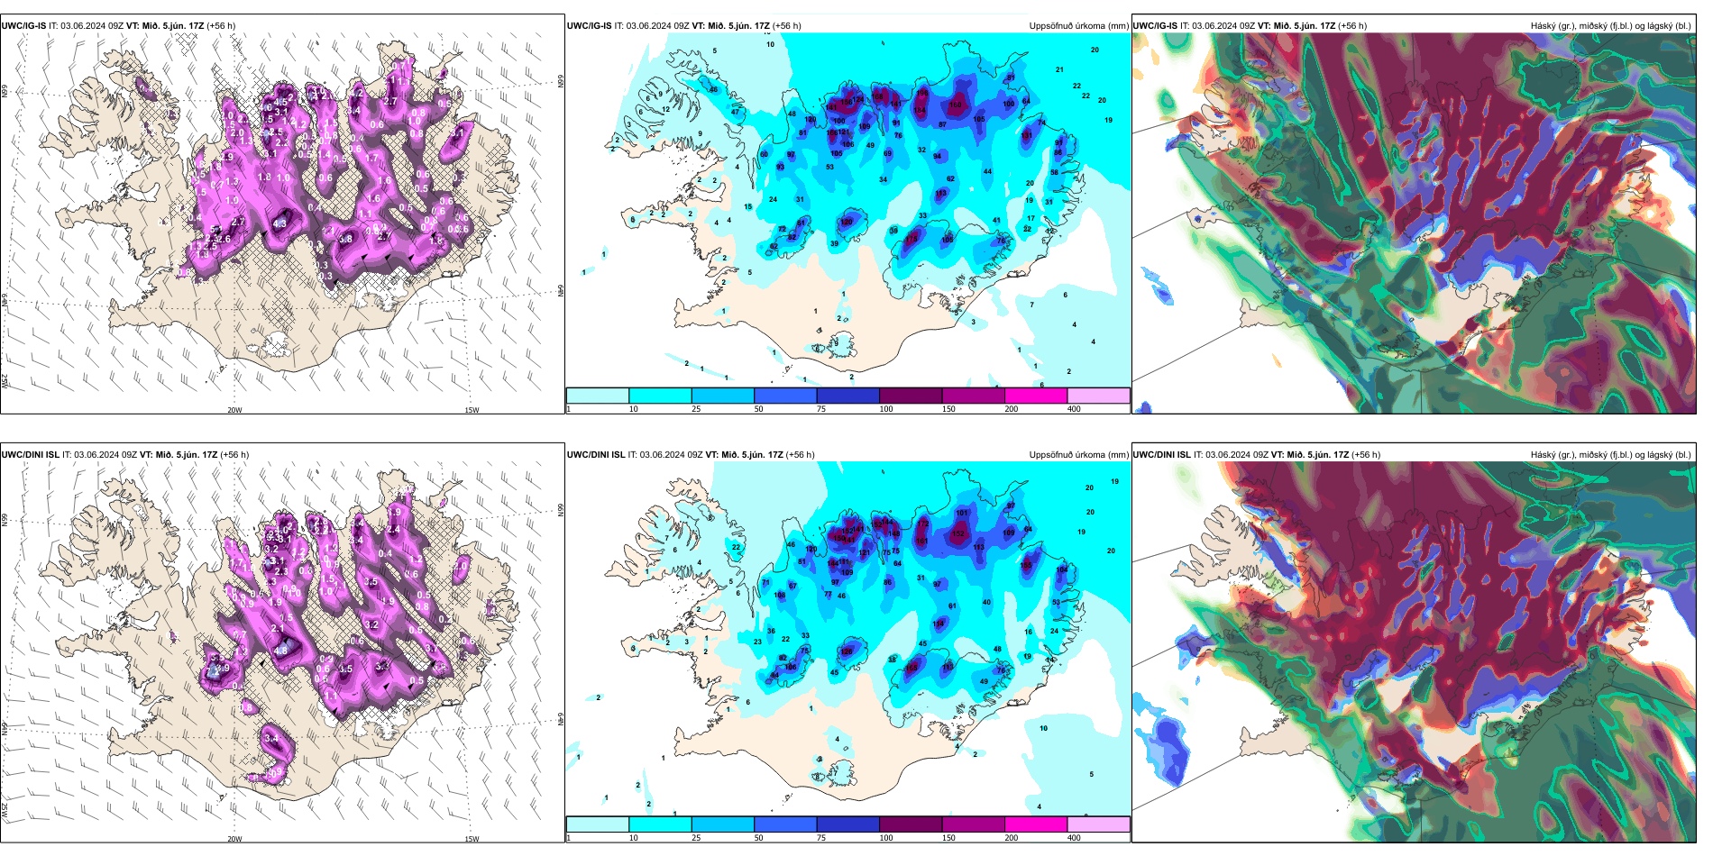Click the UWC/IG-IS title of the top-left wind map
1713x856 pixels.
(23, 25)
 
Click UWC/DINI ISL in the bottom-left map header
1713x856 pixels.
(30, 454)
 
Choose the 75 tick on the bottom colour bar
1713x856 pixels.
(822, 838)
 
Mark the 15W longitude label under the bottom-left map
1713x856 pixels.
(472, 839)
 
